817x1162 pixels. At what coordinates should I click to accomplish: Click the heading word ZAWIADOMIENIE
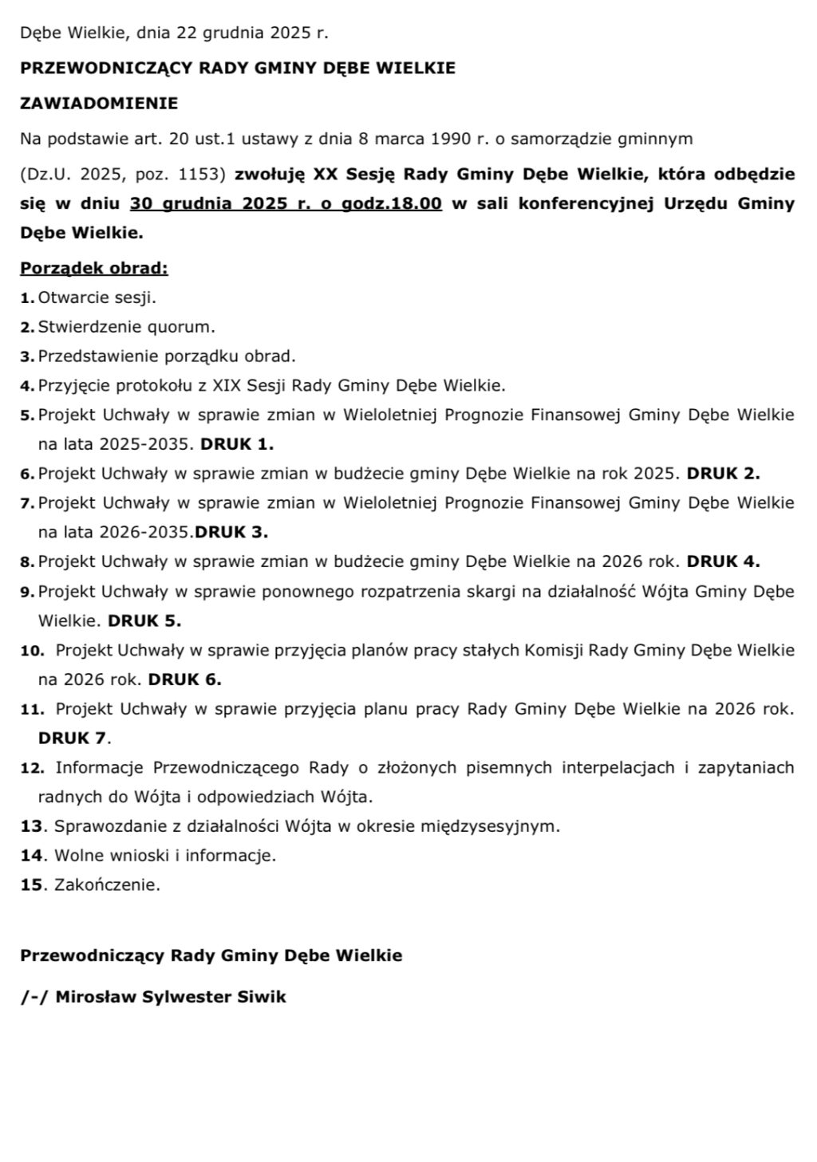pyautogui.click(x=99, y=103)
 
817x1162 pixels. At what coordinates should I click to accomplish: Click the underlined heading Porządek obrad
pyautogui.click(x=94, y=268)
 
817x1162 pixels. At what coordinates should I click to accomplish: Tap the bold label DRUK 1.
pyautogui.click(x=237, y=444)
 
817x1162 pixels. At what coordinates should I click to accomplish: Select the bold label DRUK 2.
pyautogui.click(x=723, y=474)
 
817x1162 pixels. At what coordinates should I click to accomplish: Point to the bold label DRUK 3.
pyautogui.click(x=231, y=532)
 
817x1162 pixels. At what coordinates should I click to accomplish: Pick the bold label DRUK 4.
pyautogui.click(x=723, y=561)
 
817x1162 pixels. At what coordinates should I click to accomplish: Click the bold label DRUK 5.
pyautogui.click(x=144, y=620)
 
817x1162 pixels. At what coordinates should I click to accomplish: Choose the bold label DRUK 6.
pyautogui.click(x=184, y=679)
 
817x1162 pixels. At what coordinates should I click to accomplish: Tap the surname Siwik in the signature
pyautogui.click(x=261, y=997)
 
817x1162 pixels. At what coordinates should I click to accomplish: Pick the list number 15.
pyautogui.click(x=30, y=884)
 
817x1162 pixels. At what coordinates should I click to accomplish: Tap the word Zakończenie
pyautogui.click(x=107, y=884)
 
